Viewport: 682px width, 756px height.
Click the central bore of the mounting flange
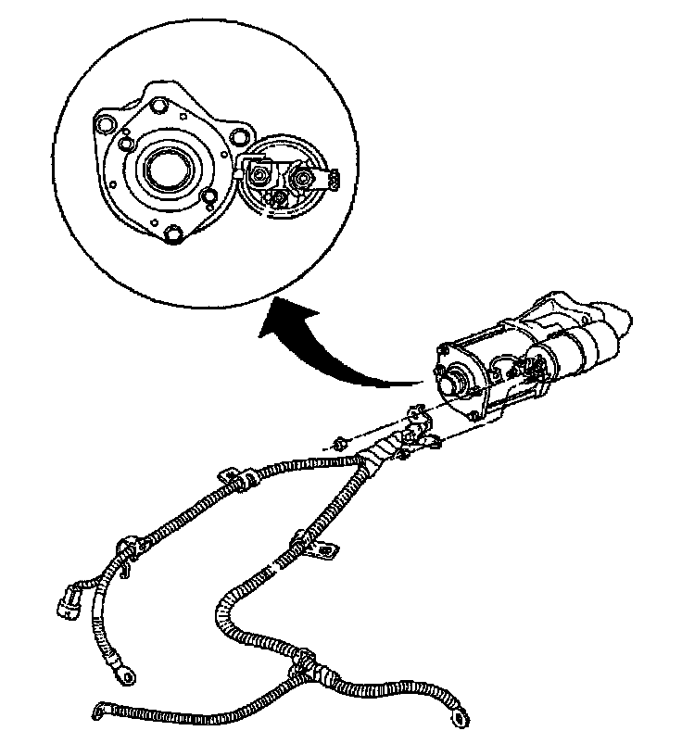(167, 170)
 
